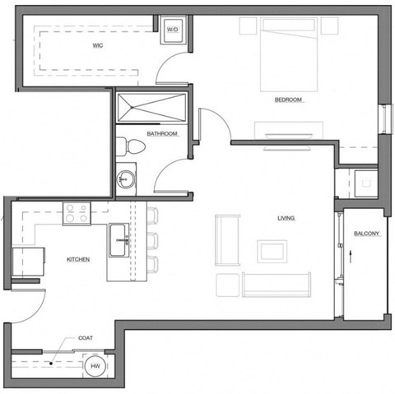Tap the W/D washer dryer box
point(173,30)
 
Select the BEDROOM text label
point(289,100)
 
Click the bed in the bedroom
point(288,53)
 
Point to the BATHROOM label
point(162,132)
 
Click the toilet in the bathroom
point(133,147)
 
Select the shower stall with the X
point(152,106)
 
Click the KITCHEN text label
point(78,260)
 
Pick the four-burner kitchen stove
point(77,214)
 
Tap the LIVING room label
point(286,218)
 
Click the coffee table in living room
point(272,250)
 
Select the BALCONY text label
point(366,234)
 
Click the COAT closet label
point(85,338)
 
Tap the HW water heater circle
point(95,367)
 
